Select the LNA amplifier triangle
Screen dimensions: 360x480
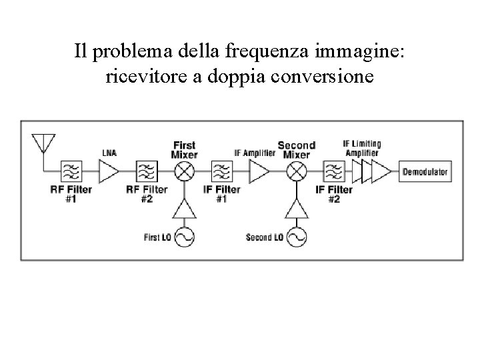(x=109, y=172)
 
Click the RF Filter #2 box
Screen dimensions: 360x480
(x=146, y=172)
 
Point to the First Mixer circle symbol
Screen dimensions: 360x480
(x=183, y=172)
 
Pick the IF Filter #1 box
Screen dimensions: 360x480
(x=221, y=172)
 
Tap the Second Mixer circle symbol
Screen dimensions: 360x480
(x=295, y=172)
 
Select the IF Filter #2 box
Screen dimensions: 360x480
(x=333, y=172)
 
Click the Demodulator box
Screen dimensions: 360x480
(x=425, y=172)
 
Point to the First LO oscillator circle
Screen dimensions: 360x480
(x=183, y=237)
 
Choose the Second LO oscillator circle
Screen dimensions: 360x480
(x=295, y=237)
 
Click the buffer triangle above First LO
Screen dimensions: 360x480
(x=183, y=211)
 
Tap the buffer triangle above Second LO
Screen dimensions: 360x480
(x=295, y=211)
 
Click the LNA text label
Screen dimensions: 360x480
(x=109, y=153)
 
